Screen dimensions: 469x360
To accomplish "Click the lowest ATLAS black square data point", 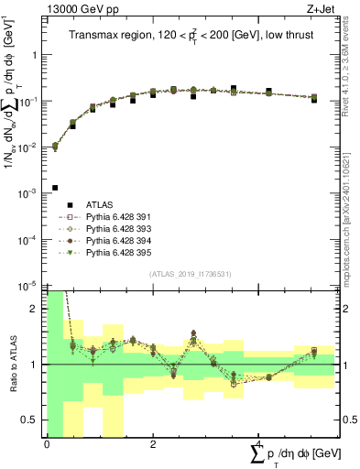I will [x=55, y=188].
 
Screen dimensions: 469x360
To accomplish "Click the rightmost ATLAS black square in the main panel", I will [x=314, y=99].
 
